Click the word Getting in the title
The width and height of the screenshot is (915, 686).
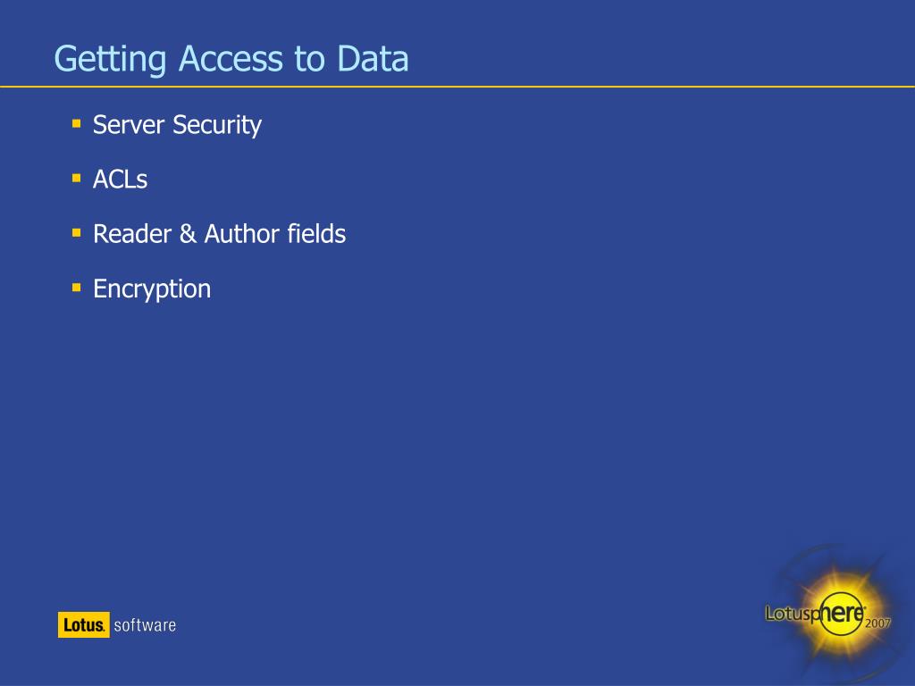111,60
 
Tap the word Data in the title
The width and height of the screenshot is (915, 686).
373,60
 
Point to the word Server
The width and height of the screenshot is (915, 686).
129,125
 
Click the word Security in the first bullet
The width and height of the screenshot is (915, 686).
217,126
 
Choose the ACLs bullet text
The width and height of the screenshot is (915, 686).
120,180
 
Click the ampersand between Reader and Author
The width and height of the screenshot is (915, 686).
188,235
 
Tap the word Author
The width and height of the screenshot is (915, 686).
241,234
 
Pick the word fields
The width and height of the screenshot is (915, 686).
316,234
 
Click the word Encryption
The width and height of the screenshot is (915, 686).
152,289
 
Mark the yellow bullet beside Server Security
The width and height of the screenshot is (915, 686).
77,121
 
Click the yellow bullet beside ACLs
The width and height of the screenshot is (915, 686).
77,177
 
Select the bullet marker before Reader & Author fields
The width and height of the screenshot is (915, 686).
77,231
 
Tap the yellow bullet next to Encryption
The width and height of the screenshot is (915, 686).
77,286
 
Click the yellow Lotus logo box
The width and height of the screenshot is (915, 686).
84,625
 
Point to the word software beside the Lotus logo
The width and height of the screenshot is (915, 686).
145,625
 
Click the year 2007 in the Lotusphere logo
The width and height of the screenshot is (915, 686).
877,624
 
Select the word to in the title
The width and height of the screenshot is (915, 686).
309,60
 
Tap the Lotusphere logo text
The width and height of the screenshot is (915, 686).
814,612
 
